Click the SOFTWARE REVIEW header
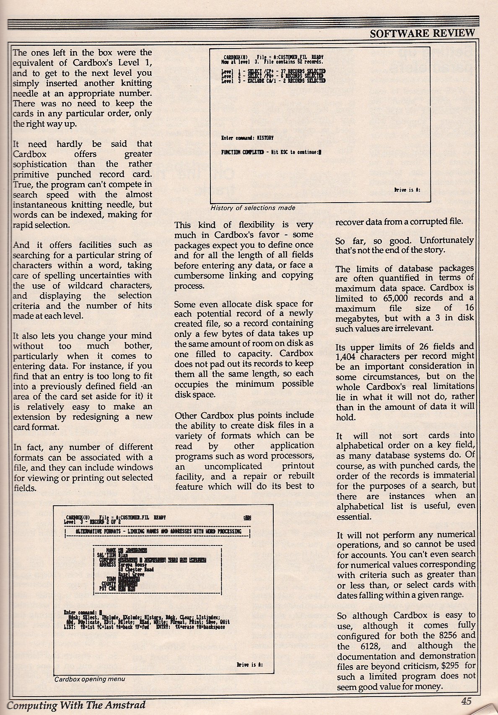point(422,33)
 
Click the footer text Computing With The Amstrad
point(76,705)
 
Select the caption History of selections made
point(253,208)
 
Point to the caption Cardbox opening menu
point(89,679)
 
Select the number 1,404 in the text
point(348,356)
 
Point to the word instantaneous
point(40,205)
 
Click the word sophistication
point(40,164)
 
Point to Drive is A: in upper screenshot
point(407,190)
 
